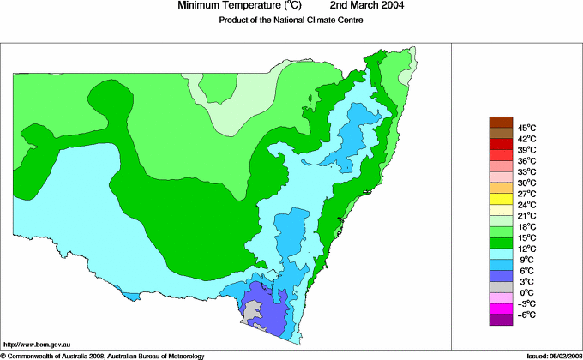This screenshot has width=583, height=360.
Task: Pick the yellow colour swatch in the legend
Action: click(501, 199)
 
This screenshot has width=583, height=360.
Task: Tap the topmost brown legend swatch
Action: click(501, 122)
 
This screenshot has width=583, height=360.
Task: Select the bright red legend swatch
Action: click(501, 144)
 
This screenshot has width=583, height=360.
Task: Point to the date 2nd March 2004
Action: click(361, 6)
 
